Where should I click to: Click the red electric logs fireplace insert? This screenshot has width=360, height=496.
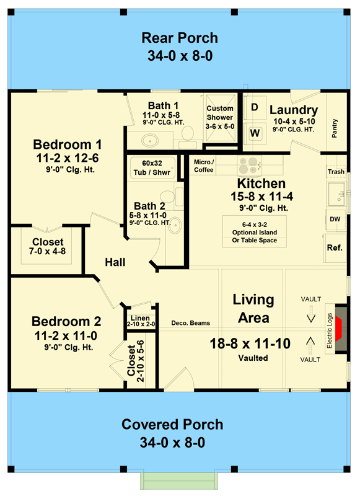pos(339,329)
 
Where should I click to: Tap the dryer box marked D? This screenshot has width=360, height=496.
pos(255,107)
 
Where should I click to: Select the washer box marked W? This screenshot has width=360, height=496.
pos(255,133)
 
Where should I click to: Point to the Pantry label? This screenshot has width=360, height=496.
pos(335,128)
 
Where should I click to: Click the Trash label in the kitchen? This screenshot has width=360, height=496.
pos(336,172)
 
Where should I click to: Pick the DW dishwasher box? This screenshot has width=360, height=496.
pos(335,219)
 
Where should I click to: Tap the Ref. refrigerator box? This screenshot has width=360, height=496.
pos(335,248)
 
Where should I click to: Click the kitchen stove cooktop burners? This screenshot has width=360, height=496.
pos(249,166)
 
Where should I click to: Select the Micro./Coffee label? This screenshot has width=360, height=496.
pos(204,166)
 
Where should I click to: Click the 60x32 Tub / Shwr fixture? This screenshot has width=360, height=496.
pos(152,168)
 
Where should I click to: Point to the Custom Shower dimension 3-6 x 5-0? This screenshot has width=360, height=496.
pos(220,126)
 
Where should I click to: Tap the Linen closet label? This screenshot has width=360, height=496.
pos(140,318)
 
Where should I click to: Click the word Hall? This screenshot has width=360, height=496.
pos(115,262)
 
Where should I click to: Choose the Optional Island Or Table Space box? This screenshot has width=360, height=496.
pos(255,231)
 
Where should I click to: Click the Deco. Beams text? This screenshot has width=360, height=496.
pos(191,323)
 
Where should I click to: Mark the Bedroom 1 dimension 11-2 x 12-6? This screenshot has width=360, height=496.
pos(68,158)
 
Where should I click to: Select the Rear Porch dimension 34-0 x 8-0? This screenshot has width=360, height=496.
pos(180,56)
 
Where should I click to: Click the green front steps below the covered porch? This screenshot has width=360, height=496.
pos(179,481)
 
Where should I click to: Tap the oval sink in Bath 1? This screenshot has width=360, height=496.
pos(150,140)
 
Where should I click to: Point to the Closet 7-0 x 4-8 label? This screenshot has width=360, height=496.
pos(48,247)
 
